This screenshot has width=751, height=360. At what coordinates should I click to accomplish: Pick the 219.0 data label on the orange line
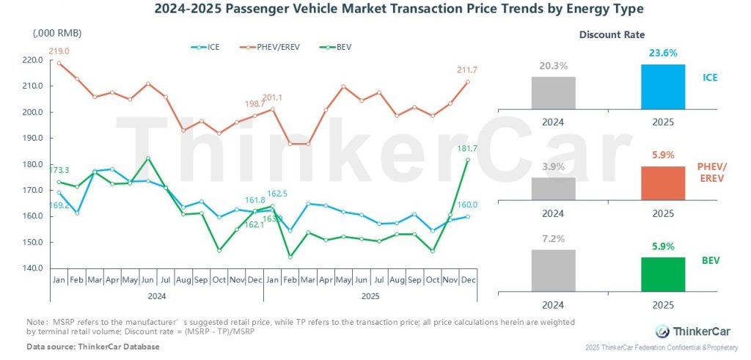[x=59, y=51]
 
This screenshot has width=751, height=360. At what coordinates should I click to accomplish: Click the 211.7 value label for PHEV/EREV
[x=466, y=70]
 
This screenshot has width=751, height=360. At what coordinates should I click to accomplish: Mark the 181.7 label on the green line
[x=467, y=149]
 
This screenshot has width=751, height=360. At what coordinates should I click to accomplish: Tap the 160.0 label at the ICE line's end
[x=468, y=205]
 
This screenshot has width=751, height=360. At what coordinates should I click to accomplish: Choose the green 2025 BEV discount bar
[x=663, y=273]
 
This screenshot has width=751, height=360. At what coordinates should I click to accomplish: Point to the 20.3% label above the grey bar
[x=554, y=66]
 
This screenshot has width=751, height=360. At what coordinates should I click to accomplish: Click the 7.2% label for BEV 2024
[x=554, y=240]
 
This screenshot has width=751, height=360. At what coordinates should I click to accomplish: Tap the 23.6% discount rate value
[x=663, y=54]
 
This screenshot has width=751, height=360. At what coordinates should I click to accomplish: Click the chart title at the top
[x=375, y=10]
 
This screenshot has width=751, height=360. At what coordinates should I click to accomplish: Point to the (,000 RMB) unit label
[x=57, y=34]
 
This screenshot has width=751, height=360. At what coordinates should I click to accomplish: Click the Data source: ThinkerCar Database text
[x=92, y=345]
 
